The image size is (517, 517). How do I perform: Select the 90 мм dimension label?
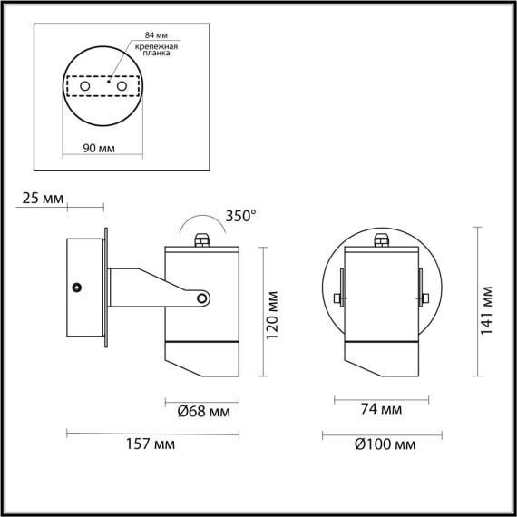(x=97, y=148)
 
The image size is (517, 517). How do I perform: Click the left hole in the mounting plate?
(x=85, y=85)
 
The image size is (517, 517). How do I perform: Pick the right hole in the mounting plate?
(x=121, y=85)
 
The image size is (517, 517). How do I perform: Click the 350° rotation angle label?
(x=241, y=216)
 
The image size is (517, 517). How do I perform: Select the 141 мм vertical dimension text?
(x=487, y=306)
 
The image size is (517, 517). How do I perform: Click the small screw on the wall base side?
(x=79, y=288)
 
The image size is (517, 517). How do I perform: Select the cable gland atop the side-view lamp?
(x=202, y=240)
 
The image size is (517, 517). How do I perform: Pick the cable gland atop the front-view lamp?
(x=382, y=240)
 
